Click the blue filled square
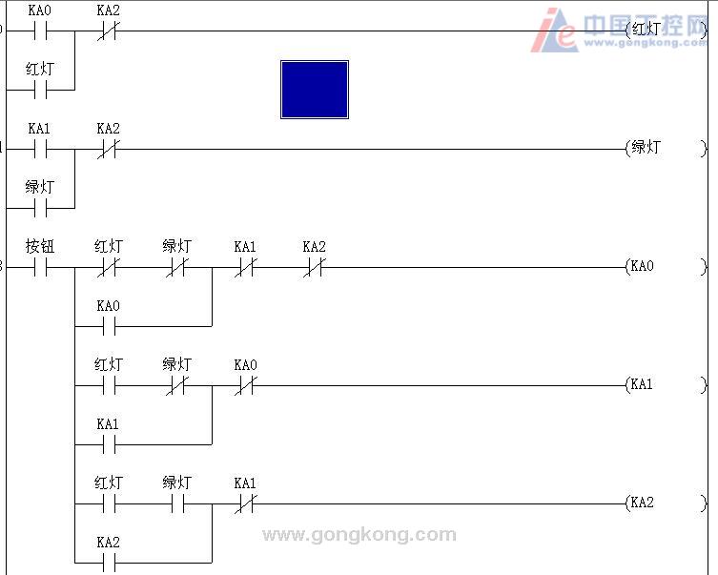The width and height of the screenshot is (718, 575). [315, 90]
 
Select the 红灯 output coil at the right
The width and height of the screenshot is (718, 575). [667, 31]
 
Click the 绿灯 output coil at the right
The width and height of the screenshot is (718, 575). [667, 149]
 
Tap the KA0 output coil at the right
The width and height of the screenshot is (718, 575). [667, 266]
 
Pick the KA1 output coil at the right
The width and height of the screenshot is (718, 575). [667, 384]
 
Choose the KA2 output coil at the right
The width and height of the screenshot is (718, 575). [667, 503]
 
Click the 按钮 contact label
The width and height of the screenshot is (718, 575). [40, 246]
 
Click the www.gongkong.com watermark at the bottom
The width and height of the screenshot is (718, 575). [359, 535]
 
